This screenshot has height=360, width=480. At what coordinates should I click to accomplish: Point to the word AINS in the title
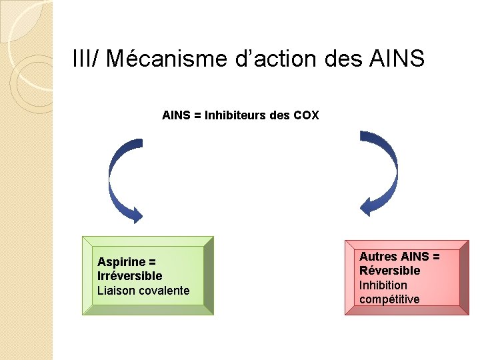coord(395,59)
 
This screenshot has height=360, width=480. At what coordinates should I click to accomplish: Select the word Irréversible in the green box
coord(129,276)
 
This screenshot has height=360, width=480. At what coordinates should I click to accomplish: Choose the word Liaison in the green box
coord(115,291)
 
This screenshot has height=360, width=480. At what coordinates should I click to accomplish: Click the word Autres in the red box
coord(378,257)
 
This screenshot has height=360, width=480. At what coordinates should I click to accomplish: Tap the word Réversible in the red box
coord(389,271)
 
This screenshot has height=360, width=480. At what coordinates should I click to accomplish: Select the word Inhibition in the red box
coord(383,285)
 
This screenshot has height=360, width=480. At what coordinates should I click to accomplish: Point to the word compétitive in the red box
coord(389,299)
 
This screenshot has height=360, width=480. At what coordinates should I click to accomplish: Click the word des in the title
coord(343,59)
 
